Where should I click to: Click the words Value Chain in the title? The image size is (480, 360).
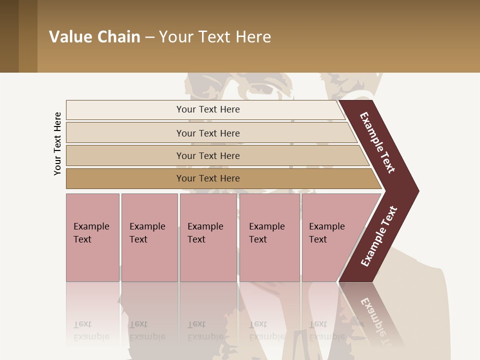(x=94, y=37)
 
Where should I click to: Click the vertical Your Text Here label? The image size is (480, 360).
(x=57, y=143)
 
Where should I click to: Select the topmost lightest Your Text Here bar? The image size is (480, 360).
(x=207, y=109)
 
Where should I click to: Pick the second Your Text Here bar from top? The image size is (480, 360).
(x=208, y=133)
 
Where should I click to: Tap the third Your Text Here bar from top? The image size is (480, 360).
(x=208, y=155)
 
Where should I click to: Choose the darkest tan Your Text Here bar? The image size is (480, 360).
(x=208, y=178)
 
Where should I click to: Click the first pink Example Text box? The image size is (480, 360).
(x=92, y=237)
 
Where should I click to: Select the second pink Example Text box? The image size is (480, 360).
(x=149, y=237)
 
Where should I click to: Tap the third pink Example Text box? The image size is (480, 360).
(x=208, y=237)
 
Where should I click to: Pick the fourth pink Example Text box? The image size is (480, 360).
(x=269, y=237)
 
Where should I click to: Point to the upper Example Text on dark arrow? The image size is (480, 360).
(x=377, y=143)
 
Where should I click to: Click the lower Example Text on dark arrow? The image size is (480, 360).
(x=378, y=236)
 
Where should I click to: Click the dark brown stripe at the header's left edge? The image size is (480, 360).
(x=9, y=36)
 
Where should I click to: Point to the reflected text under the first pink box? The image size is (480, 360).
(x=91, y=330)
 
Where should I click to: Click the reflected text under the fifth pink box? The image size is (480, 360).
(x=327, y=330)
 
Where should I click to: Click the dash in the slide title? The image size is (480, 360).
(x=149, y=37)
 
